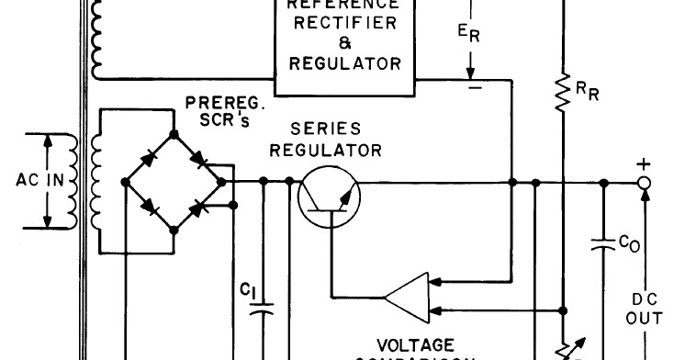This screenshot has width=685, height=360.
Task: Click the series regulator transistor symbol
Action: (x=329, y=197)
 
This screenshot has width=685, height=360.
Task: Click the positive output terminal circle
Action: (x=645, y=182)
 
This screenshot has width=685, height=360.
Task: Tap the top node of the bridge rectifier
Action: (x=174, y=134)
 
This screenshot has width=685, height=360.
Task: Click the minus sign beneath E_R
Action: (x=475, y=88)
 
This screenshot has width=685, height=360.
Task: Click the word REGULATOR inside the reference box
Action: (x=344, y=63)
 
